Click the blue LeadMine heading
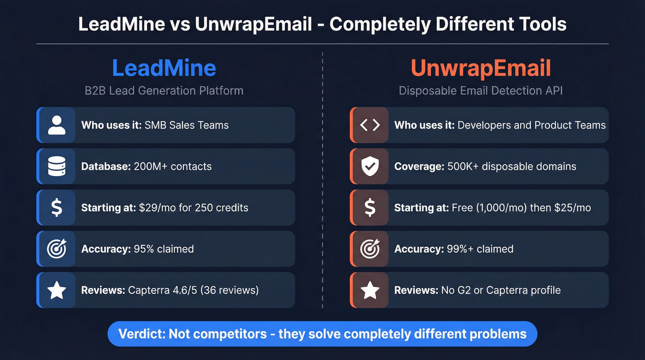tap(164, 69)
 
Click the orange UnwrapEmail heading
tap(481, 69)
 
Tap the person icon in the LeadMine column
tap(57, 125)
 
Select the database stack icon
tap(57, 166)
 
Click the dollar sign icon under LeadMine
tap(57, 207)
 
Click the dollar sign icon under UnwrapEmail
tap(369, 207)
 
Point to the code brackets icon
tap(369, 125)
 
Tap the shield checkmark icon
tap(369, 166)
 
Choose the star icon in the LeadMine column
tap(57, 290)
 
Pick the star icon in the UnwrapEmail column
tap(369, 290)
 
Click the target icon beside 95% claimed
tap(57, 249)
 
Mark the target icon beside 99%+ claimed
tap(369, 249)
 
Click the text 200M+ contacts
tap(172, 166)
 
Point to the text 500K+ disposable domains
tap(511, 166)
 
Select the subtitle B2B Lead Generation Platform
tap(164, 90)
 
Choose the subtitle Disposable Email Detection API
tap(481, 90)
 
